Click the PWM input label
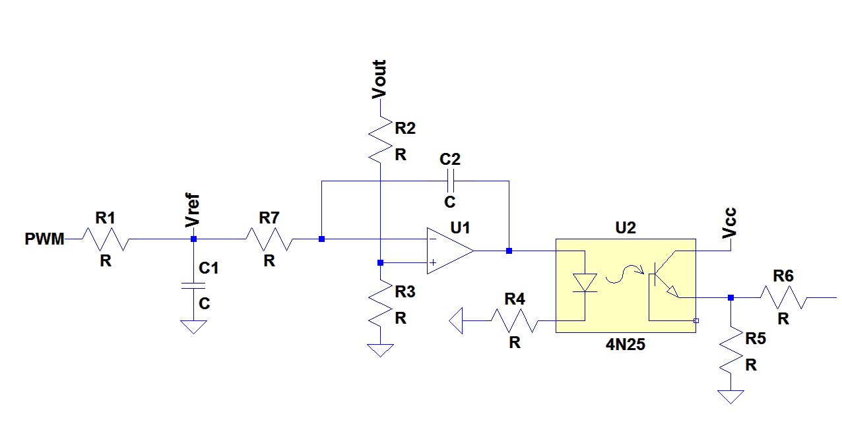point(45,239)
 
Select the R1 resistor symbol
point(106,239)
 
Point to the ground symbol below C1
point(193,327)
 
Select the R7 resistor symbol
point(269,239)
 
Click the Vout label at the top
point(379,79)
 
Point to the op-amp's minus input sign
point(432,239)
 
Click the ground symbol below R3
point(381,350)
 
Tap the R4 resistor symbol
point(515,321)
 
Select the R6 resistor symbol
point(783,297)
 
